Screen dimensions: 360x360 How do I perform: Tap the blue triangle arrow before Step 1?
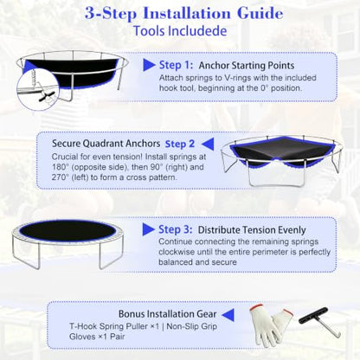(x=148, y=65)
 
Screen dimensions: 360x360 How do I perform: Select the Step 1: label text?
(x=176, y=65)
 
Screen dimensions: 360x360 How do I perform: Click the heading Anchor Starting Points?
(x=247, y=66)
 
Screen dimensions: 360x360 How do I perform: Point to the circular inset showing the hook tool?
(x=38, y=88)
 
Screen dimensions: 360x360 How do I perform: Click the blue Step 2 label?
(x=180, y=144)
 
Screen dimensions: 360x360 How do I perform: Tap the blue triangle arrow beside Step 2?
(x=208, y=144)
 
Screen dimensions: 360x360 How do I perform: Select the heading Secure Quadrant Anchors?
(x=106, y=144)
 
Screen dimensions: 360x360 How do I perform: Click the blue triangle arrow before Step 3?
(x=148, y=229)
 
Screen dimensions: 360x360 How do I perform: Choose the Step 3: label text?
(x=175, y=229)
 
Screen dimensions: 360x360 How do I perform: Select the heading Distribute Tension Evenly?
(x=252, y=230)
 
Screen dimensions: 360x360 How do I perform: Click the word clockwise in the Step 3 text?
(x=177, y=252)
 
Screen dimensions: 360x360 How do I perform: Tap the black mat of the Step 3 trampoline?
(x=68, y=232)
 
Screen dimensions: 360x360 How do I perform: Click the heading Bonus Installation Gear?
(x=167, y=314)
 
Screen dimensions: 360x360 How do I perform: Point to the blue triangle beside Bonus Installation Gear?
(x=228, y=315)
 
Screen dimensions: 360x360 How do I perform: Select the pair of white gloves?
(x=270, y=325)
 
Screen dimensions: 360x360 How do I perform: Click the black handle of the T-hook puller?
(x=313, y=316)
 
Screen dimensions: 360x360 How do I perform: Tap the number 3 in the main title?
(x=90, y=13)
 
